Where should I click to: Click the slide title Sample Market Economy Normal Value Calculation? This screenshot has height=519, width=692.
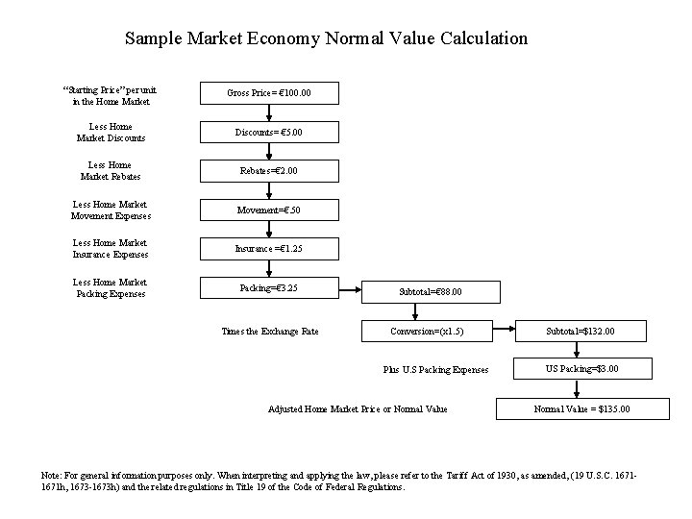pyautogui.click(x=326, y=39)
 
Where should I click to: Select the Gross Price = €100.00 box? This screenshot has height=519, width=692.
pyautogui.click(x=269, y=93)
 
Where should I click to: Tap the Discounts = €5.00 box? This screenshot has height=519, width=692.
pyautogui.click(x=269, y=132)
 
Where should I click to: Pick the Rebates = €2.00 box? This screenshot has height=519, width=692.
pyautogui.click(x=269, y=171)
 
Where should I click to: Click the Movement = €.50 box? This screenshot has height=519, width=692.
pyautogui.click(x=269, y=210)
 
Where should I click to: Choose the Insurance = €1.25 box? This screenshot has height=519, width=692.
pyautogui.click(x=269, y=248)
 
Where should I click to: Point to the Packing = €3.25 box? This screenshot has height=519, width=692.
pyautogui.click(x=269, y=287)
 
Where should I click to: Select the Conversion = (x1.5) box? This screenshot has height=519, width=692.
pyautogui.click(x=428, y=332)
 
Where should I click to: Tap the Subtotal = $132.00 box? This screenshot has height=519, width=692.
pyautogui.click(x=580, y=332)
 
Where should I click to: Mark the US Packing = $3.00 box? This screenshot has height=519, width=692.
pyautogui.click(x=580, y=369)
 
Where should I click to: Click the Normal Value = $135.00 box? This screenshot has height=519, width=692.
pyautogui.click(x=580, y=408)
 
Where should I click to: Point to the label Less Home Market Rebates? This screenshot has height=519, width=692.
pyautogui.click(x=110, y=171)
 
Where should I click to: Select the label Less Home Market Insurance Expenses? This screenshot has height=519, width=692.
pyautogui.click(x=110, y=249)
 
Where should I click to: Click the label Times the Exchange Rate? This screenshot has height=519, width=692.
pyautogui.click(x=269, y=332)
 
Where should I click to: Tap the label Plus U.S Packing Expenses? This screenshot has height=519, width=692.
pyautogui.click(x=435, y=369)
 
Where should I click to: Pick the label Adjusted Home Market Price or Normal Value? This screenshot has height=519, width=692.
pyautogui.click(x=358, y=408)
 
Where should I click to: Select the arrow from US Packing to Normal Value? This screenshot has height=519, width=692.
pyautogui.click(x=577, y=388)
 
